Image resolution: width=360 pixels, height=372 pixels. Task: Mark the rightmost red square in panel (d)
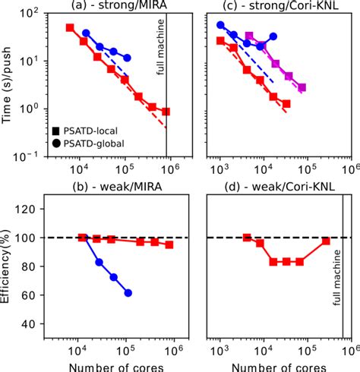(x=326, y=241)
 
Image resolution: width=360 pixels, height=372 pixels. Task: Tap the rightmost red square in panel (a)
(x=166, y=112)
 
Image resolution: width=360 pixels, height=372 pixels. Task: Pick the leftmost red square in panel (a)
(x=70, y=28)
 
